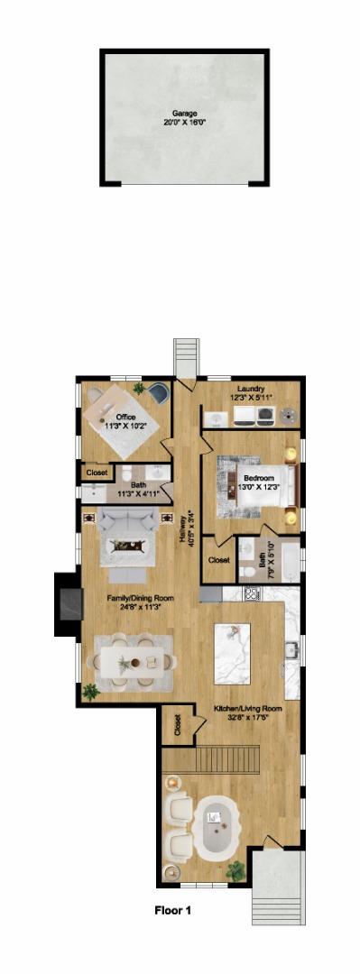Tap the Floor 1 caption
click(172, 911)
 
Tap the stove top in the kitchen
click(252, 594)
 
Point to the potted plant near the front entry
click(236, 870)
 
